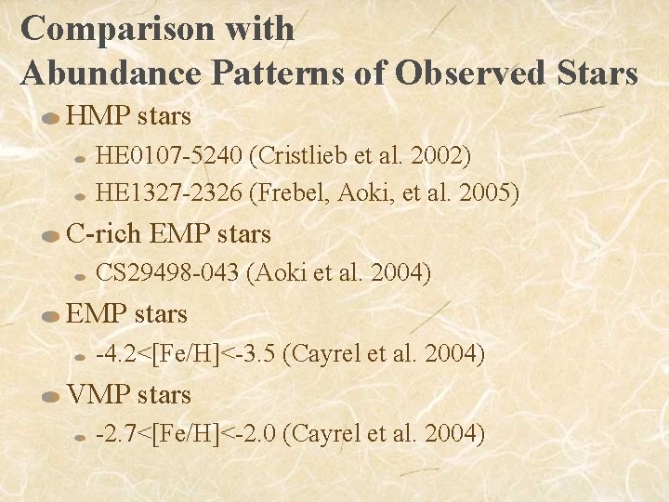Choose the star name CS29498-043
point(169,272)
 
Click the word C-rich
point(105,233)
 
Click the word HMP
point(98,116)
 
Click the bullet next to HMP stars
point(50,119)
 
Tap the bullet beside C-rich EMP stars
point(50,236)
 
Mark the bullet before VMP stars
point(50,397)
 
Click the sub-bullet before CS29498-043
point(81,275)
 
